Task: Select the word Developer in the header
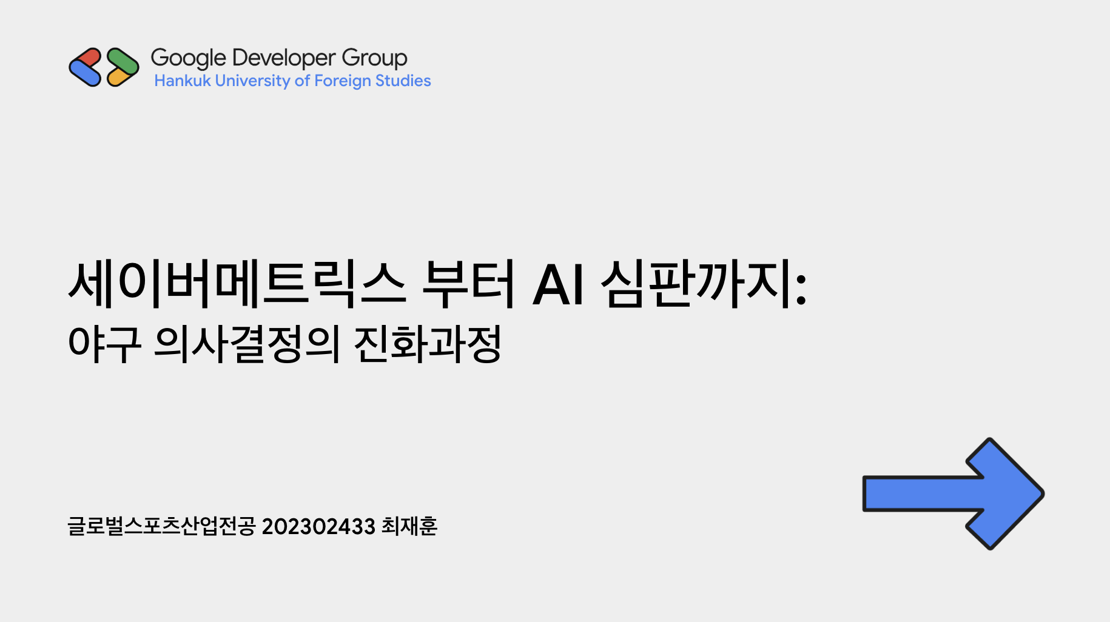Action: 284,58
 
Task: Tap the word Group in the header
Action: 374,58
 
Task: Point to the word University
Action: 252,81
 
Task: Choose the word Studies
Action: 403,81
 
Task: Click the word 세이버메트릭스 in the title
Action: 237,283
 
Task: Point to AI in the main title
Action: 559,284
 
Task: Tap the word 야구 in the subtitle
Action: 105,344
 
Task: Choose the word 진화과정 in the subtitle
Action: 428,344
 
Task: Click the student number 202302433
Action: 318,526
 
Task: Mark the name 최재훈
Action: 409,526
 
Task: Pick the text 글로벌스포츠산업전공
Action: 162,526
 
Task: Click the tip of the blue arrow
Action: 1043,493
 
